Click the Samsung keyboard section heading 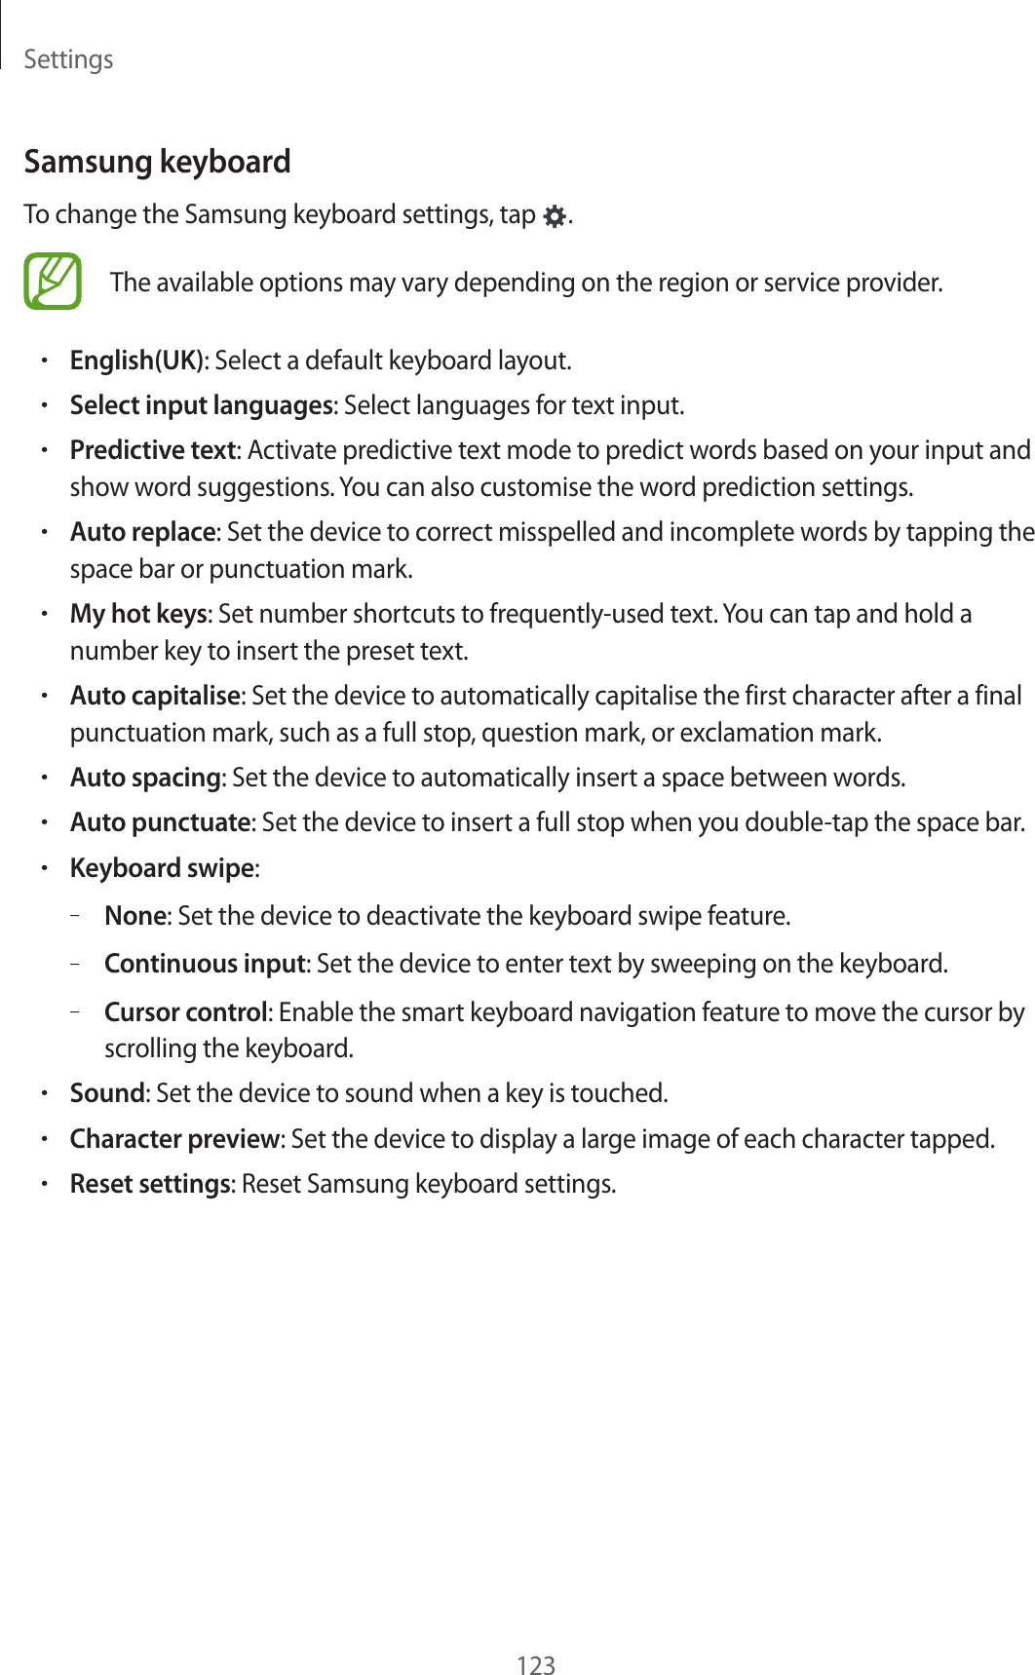click(157, 162)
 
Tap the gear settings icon click(554, 216)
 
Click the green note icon click(53, 282)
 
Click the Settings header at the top click(68, 59)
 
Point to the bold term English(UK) click(136, 361)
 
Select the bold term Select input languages click(201, 405)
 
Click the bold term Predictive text click(153, 450)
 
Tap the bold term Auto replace click(142, 532)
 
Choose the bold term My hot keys click(138, 614)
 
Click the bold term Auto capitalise click(155, 696)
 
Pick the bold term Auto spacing click(145, 778)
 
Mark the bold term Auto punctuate click(160, 822)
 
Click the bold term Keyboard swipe click(162, 868)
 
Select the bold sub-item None click(135, 916)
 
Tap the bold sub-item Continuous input click(205, 964)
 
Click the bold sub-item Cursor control click(185, 1012)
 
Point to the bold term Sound click(107, 1093)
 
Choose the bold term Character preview click(174, 1138)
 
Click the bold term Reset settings click(150, 1184)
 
